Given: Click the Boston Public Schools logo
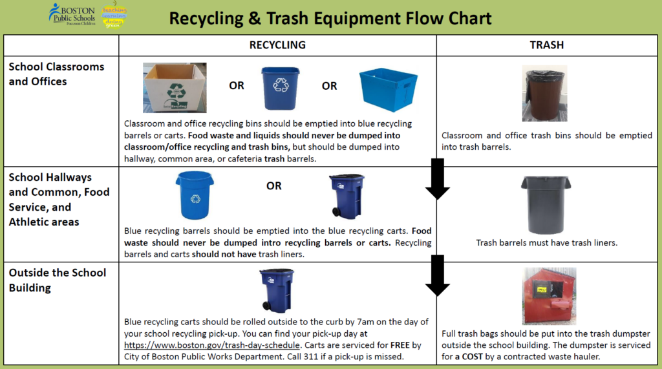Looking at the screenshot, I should tap(72, 14).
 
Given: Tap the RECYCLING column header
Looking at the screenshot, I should tap(277, 45).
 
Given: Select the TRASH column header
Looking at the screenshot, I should tap(546, 45).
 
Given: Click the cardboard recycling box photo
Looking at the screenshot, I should tap(175, 88).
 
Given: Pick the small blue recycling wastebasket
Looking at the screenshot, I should tap(281, 89).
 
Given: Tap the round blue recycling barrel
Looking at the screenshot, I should tap(195, 195).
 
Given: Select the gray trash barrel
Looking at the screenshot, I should tap(546, 204).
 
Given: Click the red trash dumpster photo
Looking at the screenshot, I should tap(549, 296).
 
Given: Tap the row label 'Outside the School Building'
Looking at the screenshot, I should tap(57, 279).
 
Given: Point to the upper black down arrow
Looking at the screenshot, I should tap(438, 179).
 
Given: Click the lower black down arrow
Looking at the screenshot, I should tap(438, 275).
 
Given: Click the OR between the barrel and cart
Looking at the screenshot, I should tap(273, 185).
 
